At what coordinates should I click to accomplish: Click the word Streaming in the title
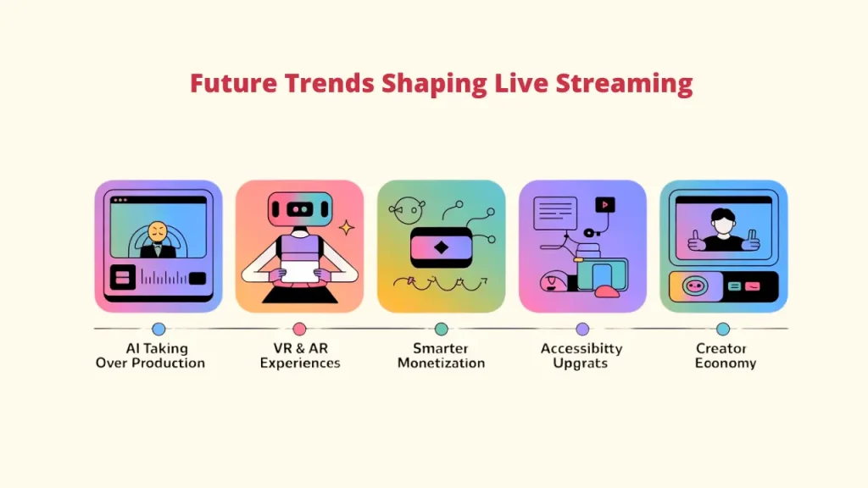tap(624, 84)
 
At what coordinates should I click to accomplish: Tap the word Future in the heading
tap(233, 83)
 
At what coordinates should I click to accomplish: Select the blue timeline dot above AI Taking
tap(159, 330)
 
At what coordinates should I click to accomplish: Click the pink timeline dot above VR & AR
tap(299, 330)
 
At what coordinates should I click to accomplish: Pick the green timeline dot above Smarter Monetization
tap(441, 330)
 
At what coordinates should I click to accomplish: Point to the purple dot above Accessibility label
tap(582, 330)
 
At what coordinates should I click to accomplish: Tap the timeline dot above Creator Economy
tap(723, 330)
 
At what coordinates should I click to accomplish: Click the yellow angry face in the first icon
tap(158, 232)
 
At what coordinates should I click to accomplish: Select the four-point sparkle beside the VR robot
tap(347, 227)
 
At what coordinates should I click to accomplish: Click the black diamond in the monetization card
tap(441, 248)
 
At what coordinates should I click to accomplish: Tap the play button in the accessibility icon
tap(605, 205)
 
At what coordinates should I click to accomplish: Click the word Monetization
tap(441, 363)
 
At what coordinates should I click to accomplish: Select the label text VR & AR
tap(301, 348)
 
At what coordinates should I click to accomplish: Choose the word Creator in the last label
tap(721, 348)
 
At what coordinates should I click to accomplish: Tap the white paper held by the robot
tap(299, 272)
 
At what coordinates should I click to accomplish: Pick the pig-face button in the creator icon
tap(695, 286)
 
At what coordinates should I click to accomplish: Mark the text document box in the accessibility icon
tap(555, 213)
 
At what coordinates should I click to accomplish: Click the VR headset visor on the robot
tap(300, 210)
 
